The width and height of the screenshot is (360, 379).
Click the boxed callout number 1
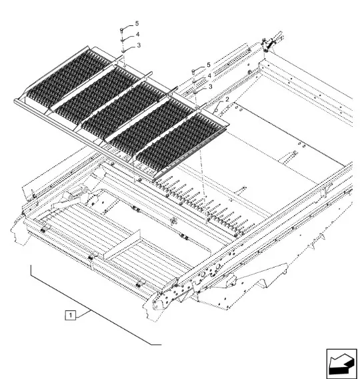[x=70, y=315]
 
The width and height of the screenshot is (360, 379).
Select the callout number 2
[x=227, y=99]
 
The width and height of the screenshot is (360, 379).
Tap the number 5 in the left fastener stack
[x=137, y=23]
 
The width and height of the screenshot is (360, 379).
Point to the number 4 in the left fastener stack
[x=137, y=34]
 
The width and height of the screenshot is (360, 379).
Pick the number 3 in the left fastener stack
[x=139, y=45]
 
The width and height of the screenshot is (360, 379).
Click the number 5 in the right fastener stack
[x=209, y=65]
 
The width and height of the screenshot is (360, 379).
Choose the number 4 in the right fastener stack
[x=209, y=75]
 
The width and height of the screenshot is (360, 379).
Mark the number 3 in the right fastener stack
[x=210, y=86]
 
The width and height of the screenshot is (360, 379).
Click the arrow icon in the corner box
[x=341, y=364]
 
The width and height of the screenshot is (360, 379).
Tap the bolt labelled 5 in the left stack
[x=122, y=31]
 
